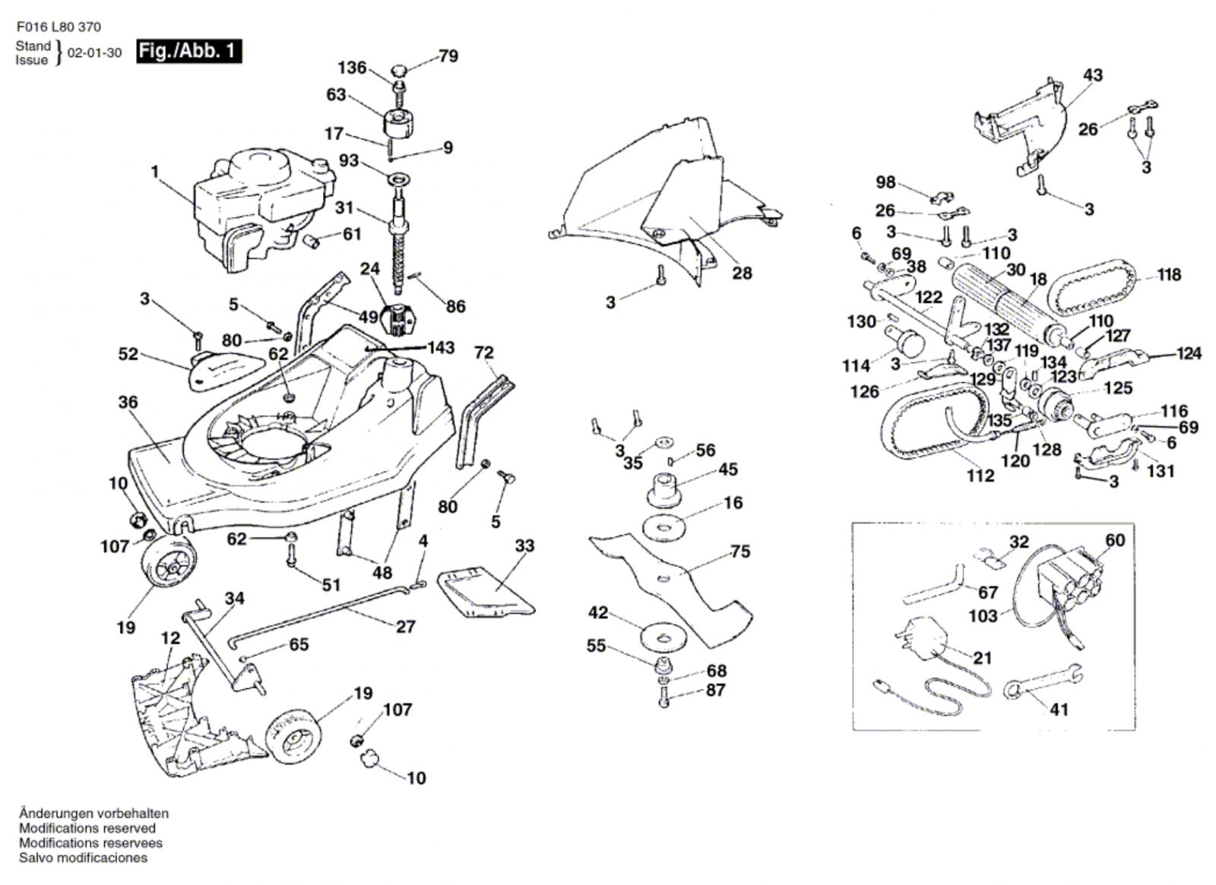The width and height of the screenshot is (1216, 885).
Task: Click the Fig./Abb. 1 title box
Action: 188,52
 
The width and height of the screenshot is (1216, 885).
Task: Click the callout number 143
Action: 441,347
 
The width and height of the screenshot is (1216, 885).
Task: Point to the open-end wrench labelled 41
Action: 1041,681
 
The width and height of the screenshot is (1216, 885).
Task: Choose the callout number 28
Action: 742,273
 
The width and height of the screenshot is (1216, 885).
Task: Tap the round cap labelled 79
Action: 400,71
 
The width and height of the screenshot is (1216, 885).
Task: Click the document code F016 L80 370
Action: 58,27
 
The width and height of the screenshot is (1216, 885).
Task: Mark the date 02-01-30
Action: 94,53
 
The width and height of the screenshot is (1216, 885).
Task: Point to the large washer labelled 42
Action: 663,637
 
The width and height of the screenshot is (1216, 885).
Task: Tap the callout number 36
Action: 128,402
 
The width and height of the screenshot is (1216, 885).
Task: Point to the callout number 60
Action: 1115,540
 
